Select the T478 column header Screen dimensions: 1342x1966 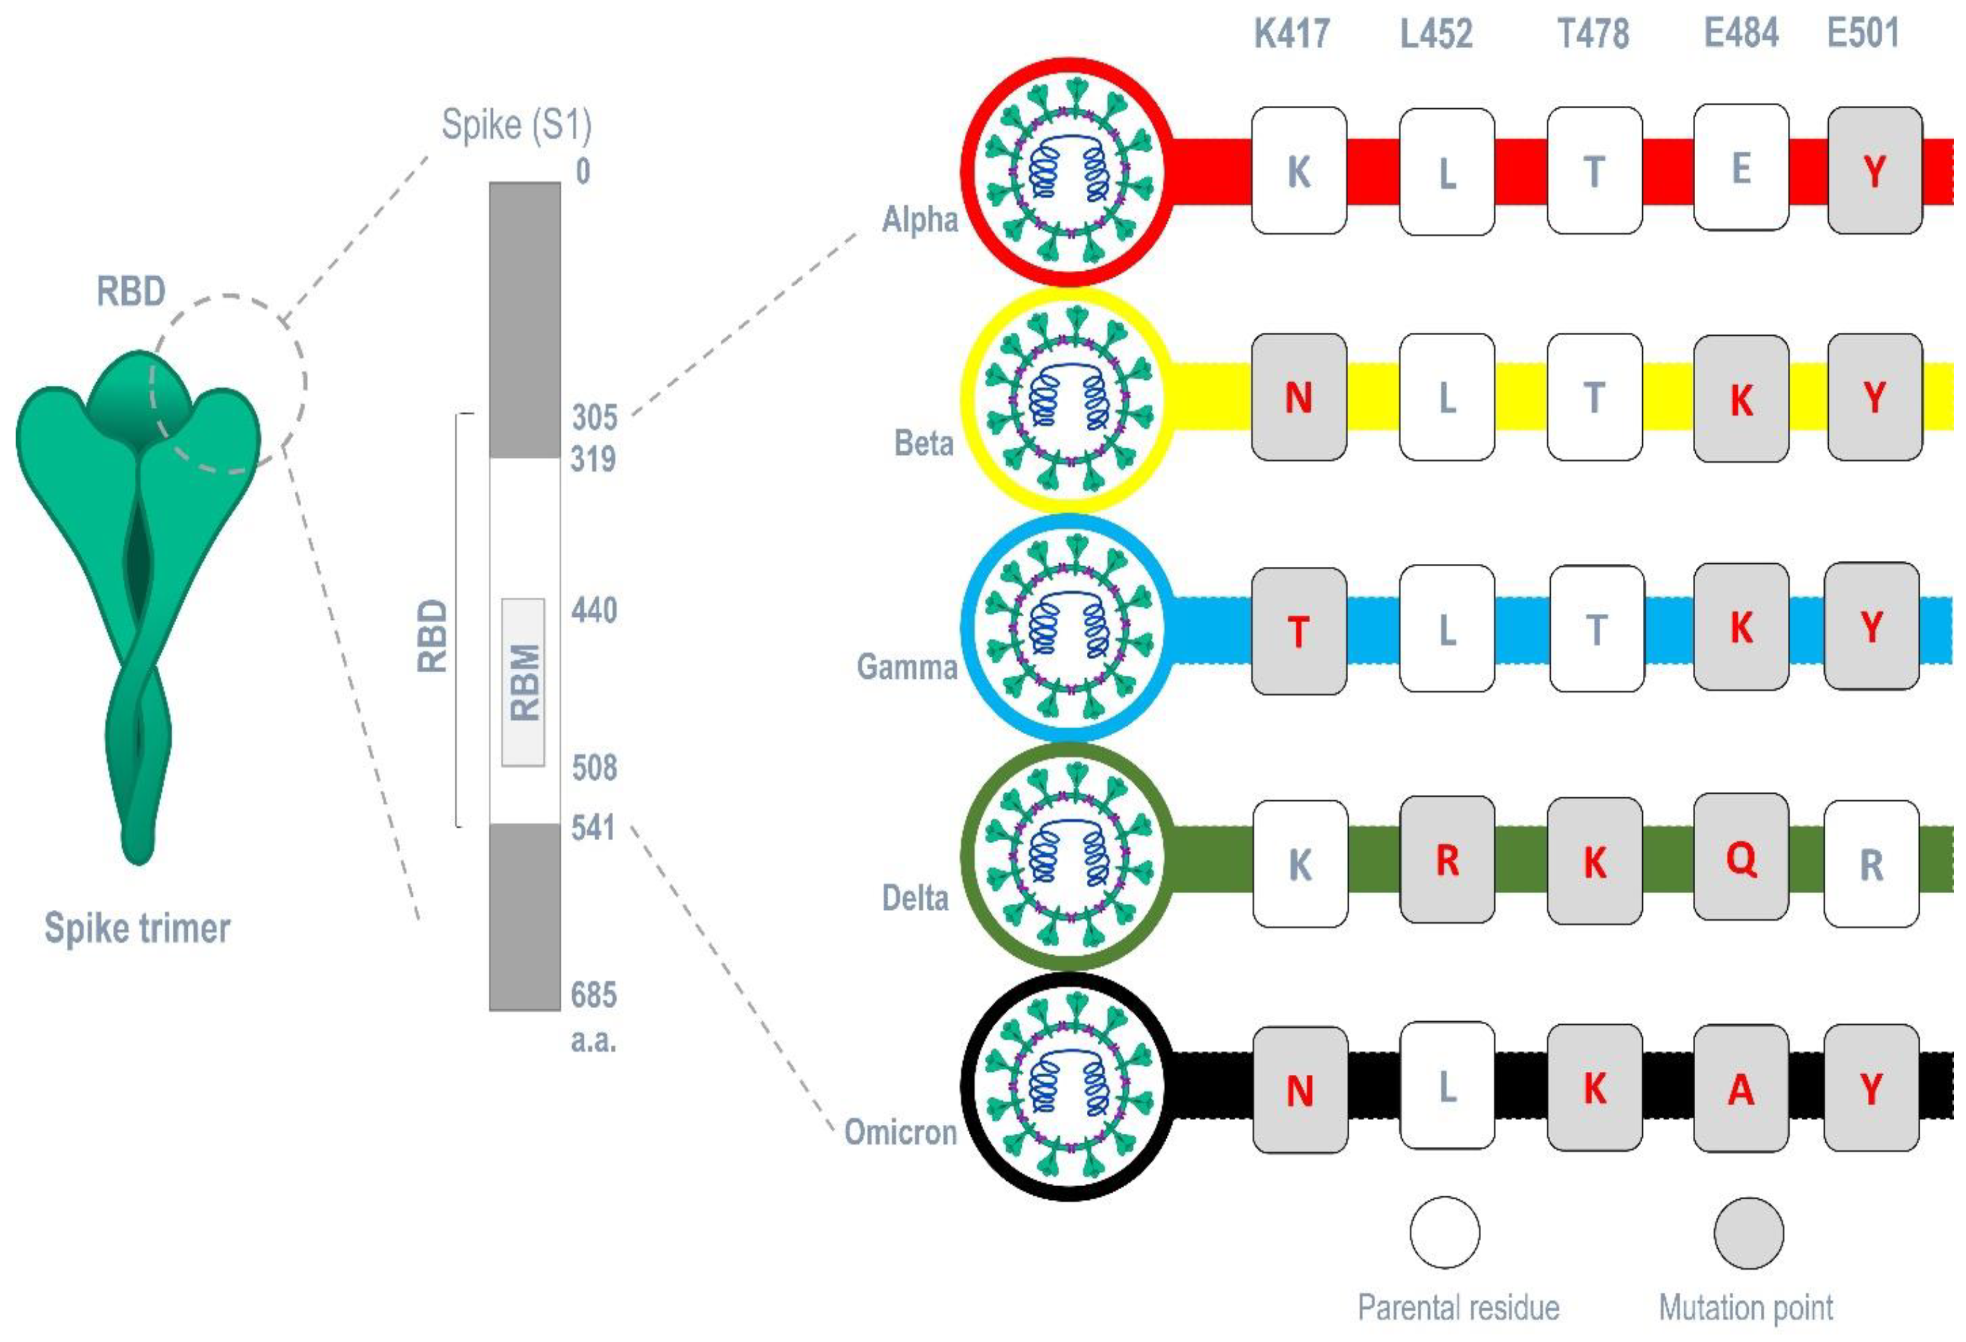click(x=1593, y=34)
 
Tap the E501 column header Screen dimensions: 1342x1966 click(x=1864, y=34)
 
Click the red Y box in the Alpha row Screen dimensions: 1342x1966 click(x=1875, y=171)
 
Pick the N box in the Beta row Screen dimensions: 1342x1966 click(x=1299, y=398)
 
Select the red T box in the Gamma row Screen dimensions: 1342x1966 click(x=1299, y=631)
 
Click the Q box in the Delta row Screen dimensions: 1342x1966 click(x=1741, y=858)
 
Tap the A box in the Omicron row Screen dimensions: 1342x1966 click(x=1741, y=1089)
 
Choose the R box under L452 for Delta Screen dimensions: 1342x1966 click(x=1447, y=860)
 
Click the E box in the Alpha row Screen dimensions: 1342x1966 click(x=1741, y=169)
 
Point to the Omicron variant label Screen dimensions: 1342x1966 click(x=900, y=1132)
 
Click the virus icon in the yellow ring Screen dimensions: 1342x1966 click(x=1069, y=400)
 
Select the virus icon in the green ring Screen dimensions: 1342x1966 click(x=1069, y=856)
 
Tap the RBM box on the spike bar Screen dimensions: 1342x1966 click(x=524, y=682)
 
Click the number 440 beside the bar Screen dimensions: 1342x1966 click(x=594, y=610)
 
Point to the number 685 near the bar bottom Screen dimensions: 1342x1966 click(x=594, y=995)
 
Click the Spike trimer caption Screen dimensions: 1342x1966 click(x=137, y=928)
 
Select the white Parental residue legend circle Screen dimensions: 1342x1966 click(x=1445, y=1232)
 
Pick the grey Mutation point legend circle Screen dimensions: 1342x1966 click(x=1749, y=1232)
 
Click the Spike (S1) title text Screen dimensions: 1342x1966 click(x=516, y=125)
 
